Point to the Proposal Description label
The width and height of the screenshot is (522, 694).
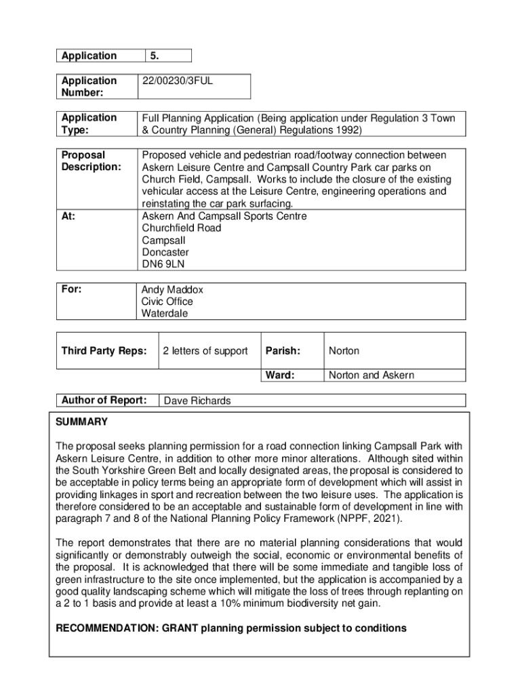(x=91, y=161)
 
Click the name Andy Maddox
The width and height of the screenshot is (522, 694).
(x=172, y=289)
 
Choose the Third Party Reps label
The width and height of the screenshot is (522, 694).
(x=103, y=350)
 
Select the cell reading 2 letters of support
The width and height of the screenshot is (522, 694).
(x=206, y=350)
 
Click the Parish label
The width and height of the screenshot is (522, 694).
(x=282, y=350)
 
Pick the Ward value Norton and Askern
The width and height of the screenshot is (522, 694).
(x=371, y=375)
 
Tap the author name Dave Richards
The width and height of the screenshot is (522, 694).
(x=197, y=401)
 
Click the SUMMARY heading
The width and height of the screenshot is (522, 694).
(x=81, y=422)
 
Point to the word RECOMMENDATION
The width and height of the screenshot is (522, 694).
(x=106, y=628)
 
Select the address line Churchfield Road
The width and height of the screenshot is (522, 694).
(x=181, y=228)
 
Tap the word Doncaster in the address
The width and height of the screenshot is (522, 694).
(x=165, y=252)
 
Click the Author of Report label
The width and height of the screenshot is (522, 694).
(x=104, y=400)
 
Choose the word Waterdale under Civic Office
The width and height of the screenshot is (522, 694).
(x=165, y=313)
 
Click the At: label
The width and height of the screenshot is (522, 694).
(x=68, y=216)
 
